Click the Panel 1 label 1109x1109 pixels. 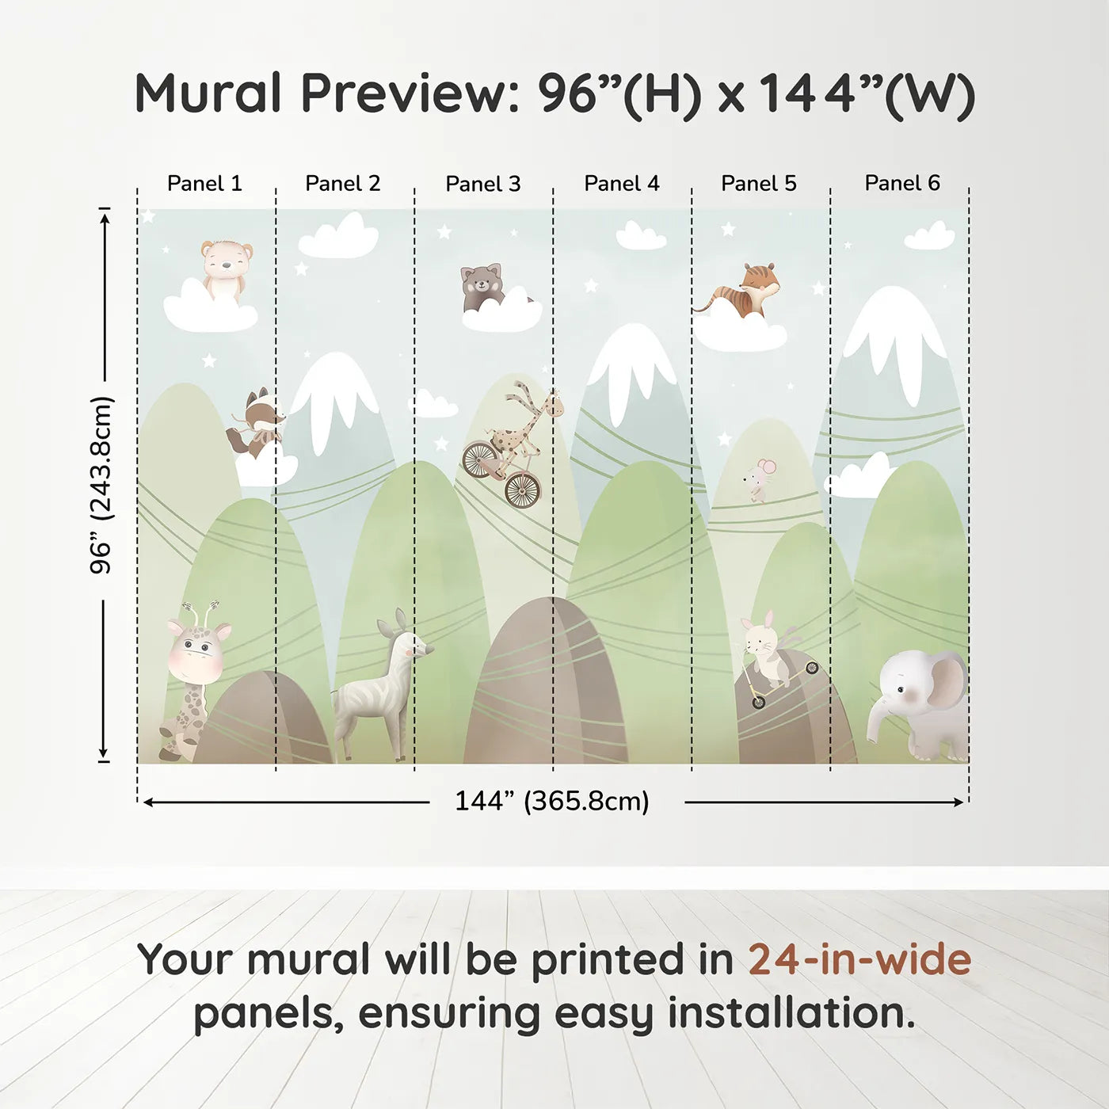coord(204,183)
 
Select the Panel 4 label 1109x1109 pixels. coord(622,183)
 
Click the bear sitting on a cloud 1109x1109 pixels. coord(227,270)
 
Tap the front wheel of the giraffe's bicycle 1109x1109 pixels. coord(523,490)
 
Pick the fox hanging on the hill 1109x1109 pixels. coord(256,423)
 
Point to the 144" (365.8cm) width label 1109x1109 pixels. coord(552,802)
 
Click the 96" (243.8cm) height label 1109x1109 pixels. coord(101,485)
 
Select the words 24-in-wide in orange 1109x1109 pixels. coord(859,959)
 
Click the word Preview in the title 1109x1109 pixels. coord(410,93)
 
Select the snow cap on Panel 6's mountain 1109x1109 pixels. coord(895,340)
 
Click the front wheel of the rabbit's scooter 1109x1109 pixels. coord(759,702)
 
